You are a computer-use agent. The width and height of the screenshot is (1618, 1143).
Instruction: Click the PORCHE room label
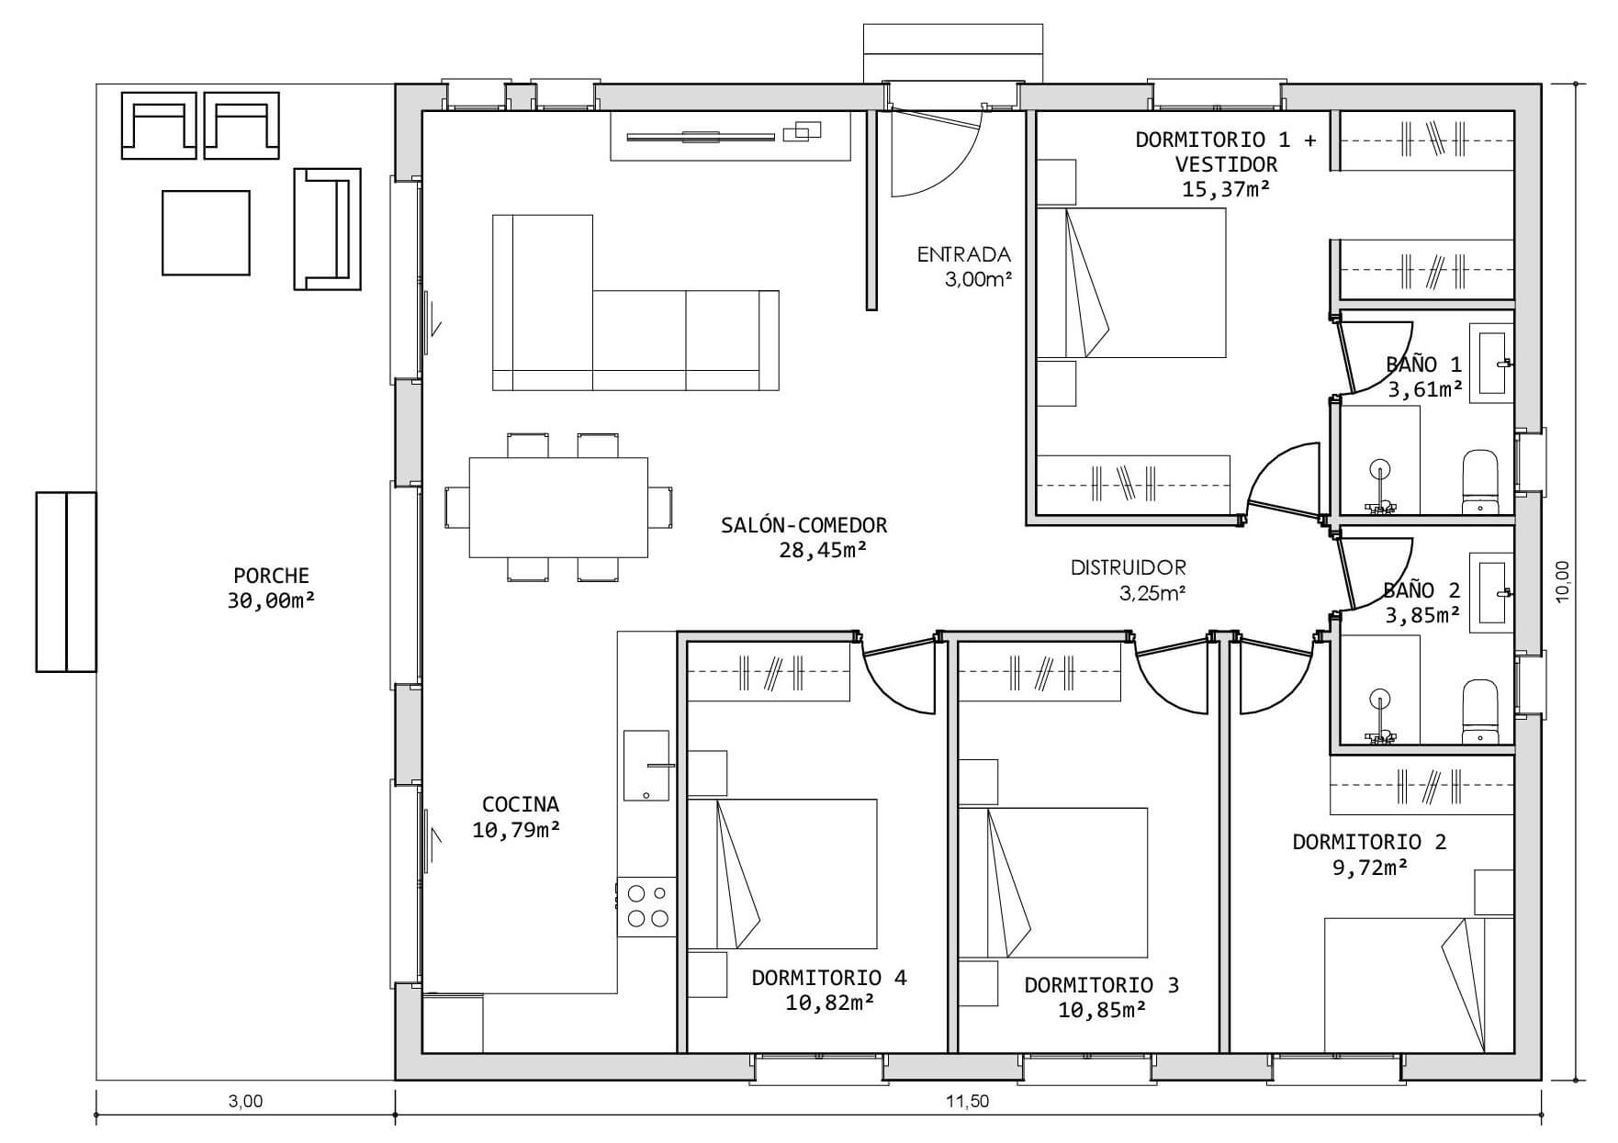[271, 576]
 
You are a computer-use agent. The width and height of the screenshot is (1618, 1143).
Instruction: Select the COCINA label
[520, 804]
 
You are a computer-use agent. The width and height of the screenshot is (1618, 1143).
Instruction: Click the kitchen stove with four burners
[646, 906]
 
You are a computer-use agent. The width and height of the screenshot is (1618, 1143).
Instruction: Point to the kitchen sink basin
[646, 766]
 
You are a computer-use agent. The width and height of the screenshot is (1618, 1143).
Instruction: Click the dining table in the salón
[558, 508]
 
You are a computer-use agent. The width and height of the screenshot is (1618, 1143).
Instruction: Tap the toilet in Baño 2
[1479, 712]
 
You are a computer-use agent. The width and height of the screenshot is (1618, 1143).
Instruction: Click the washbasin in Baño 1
[1492, 363]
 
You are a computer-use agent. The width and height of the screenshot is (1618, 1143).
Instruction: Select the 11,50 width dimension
[968, 1101]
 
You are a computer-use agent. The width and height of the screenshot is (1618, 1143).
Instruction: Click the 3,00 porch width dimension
[245, 1101]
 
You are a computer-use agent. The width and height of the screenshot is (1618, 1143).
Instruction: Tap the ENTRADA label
[963, 254]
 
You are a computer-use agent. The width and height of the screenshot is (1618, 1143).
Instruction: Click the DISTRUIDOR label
[1129, 567]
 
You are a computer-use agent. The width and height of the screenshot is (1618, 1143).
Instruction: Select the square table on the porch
[206, 232]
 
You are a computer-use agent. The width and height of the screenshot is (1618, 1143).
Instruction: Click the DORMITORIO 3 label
[1101, 985]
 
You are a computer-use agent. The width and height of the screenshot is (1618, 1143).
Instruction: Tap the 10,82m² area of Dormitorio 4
[829, 1003]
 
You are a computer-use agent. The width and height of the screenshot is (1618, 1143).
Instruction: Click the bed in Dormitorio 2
[1419, 985]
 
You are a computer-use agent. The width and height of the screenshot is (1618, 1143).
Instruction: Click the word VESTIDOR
[1226, 164]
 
